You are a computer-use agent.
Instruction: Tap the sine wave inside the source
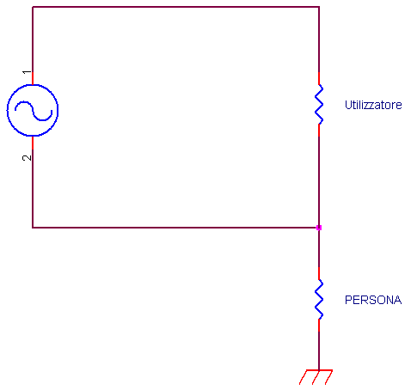click(x=34, y=111)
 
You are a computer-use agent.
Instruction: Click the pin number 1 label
click(x=27, y=71)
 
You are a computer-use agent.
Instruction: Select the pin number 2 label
click(x=27, y=157)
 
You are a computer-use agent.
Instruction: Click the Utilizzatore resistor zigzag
click(x=319, y=105)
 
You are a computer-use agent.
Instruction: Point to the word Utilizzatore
click(x=373, y=105)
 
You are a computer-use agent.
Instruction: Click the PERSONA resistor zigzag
click(x=319, y=299)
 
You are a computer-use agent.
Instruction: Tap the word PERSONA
click(x=373, y=300)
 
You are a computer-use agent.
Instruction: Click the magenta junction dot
click(x=319, y=228)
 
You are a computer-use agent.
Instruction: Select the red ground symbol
click(x=316, y=376)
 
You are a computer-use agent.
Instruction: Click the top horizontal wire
click(x=175, y=7)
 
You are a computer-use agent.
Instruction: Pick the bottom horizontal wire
click(x=175, y=228)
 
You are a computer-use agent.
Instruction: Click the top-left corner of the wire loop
click(x=33, y=7)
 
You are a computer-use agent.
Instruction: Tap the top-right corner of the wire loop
click(x=319, y=7)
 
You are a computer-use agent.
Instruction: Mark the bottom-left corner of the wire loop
click(x=33, y=228)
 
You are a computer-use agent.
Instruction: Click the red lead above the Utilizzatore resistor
click(x=319, y=78)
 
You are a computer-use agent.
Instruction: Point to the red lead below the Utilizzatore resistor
click(x=319, y=131)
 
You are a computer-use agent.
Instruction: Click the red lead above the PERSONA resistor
click(x=319, y=273)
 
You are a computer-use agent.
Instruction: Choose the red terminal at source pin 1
click(x=33, y=78)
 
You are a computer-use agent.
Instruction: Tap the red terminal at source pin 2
click(x=33, y=143)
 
